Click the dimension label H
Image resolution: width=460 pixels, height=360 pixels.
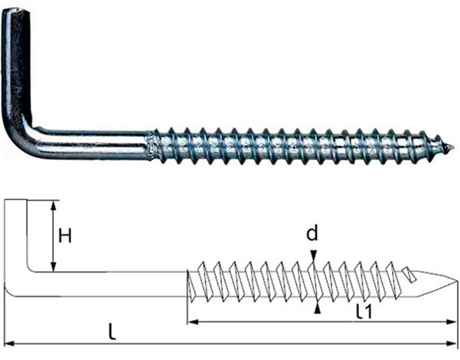tap(65, 236)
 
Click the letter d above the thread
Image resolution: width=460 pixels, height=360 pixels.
tap(312, 234)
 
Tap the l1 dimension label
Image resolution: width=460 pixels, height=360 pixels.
tap(364, 312)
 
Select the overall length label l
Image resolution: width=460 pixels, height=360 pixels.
tap(112, 331)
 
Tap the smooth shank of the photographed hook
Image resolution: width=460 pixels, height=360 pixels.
tap(91, 144)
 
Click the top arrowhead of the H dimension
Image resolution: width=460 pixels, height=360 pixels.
tap(53, 206)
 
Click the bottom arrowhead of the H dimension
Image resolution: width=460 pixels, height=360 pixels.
tap(53, 267)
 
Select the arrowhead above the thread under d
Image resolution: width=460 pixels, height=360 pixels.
tap(314, 256)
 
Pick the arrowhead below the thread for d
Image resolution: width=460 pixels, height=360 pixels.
tap(317, 309)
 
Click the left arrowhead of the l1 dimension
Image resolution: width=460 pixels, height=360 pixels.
tap(192, 322)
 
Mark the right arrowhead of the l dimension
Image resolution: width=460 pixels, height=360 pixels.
tap(451, 343)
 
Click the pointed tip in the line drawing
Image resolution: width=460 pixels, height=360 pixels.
tap(457, 281)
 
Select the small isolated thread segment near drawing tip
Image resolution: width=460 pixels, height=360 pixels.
tap(409, 274)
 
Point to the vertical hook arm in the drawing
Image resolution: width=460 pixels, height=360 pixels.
tap(16, 235)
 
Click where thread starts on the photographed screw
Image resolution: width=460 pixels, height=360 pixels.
tap(150, 146)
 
